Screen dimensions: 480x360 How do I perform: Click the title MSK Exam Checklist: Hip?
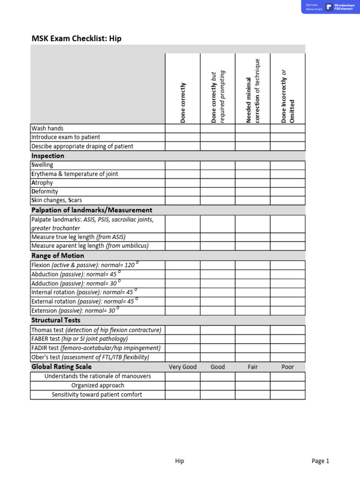coord(76,38)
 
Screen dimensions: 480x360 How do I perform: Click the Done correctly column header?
coord(183,103)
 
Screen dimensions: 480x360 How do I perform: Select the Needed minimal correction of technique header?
coord(253,91)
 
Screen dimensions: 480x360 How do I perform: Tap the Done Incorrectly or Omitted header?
coord(288,96)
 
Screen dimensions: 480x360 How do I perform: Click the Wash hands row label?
coord(47,128)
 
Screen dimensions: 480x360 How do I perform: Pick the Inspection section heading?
coord(48,156)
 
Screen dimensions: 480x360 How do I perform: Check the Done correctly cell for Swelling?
coord(183,165)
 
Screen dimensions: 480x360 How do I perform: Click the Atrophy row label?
coord(42,183)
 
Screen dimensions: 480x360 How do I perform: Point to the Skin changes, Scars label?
coord(57,201)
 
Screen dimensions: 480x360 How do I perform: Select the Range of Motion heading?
coord(58,255)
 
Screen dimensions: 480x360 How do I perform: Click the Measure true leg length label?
coord(78,237)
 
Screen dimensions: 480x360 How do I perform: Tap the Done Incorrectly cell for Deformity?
coord(288,192)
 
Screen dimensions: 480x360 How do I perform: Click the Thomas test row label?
coord(96,330)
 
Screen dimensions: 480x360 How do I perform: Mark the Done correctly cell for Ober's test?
coord(183,357)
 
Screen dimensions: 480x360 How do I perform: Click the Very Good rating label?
coord(183,367)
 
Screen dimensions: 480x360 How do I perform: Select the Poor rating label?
coord(288,367)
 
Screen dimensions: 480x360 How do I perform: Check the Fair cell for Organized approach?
coord(253,386)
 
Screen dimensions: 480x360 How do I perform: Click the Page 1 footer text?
coord(320,461)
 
